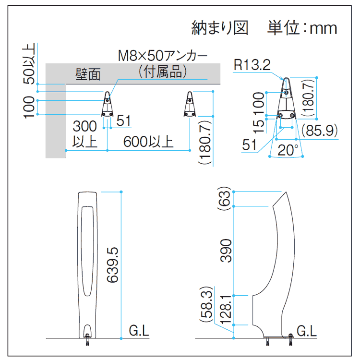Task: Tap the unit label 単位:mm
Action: pos(302,27)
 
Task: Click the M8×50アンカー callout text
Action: pos(163,56)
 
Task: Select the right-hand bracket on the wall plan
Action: pos(190,104)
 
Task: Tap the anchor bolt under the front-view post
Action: pos(87,342)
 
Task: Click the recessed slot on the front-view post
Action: pos(87,250)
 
